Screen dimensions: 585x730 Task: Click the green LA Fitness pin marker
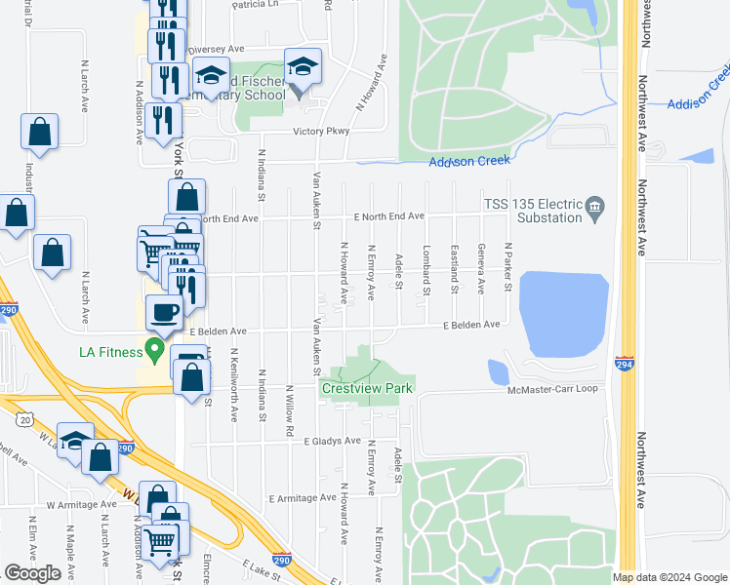pyautogui.click(x=152, y=347)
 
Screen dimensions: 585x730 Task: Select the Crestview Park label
pyautogui.click(x=368, y=388)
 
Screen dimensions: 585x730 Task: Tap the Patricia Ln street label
pyautogui.click(x=255, y=5)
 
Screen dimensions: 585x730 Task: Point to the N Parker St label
pyautogui.click(x=508, y=267)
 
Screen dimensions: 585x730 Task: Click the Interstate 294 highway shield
pyautogui.click(x=626, y=364)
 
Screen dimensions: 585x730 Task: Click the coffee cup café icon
pyautogui.click(x=164, y=313)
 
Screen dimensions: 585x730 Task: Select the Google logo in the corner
pyautogui.click(x=32, y=573)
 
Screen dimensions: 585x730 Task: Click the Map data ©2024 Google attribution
pyautogui.click(x=669, y=577)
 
